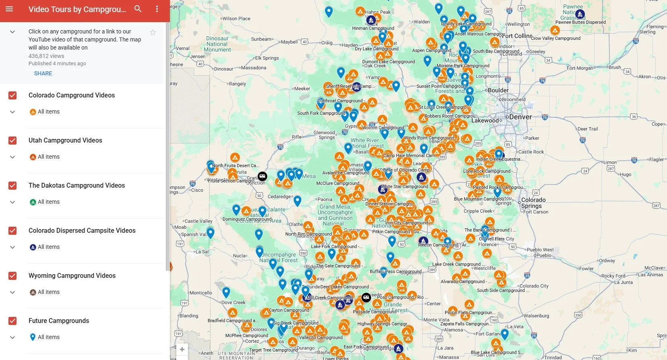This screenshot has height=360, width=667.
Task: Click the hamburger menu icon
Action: click(9, 9)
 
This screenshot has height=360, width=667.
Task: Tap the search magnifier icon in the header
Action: click(138, 9)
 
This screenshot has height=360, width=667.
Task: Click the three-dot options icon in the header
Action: click(157, 9)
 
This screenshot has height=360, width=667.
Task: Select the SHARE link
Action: click(43, 73)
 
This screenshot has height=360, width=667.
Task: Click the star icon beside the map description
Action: click(153, 33)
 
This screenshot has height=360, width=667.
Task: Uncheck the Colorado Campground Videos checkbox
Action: click(12, 95)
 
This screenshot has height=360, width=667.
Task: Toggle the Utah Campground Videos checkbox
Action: click(12, 141)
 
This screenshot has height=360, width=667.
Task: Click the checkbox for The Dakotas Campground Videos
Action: click(12, 186)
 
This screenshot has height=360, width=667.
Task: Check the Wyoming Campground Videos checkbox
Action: click(12, 276)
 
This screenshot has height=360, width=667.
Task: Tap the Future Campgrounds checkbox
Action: click(12, 321)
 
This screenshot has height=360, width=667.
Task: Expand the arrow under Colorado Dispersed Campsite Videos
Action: click(12, 247)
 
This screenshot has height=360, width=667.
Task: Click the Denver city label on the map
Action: click(520, 117)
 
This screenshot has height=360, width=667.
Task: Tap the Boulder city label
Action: click(498, 90)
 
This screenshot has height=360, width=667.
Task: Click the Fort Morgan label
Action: click(580, 68)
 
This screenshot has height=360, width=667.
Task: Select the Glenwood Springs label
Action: click(324, 135)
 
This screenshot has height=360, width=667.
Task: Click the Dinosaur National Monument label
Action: click(217, 44)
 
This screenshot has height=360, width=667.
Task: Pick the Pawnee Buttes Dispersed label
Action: click(580, 23)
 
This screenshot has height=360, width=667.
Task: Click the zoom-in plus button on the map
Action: click(182, 349)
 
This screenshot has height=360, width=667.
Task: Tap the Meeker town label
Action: click(302, 89)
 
